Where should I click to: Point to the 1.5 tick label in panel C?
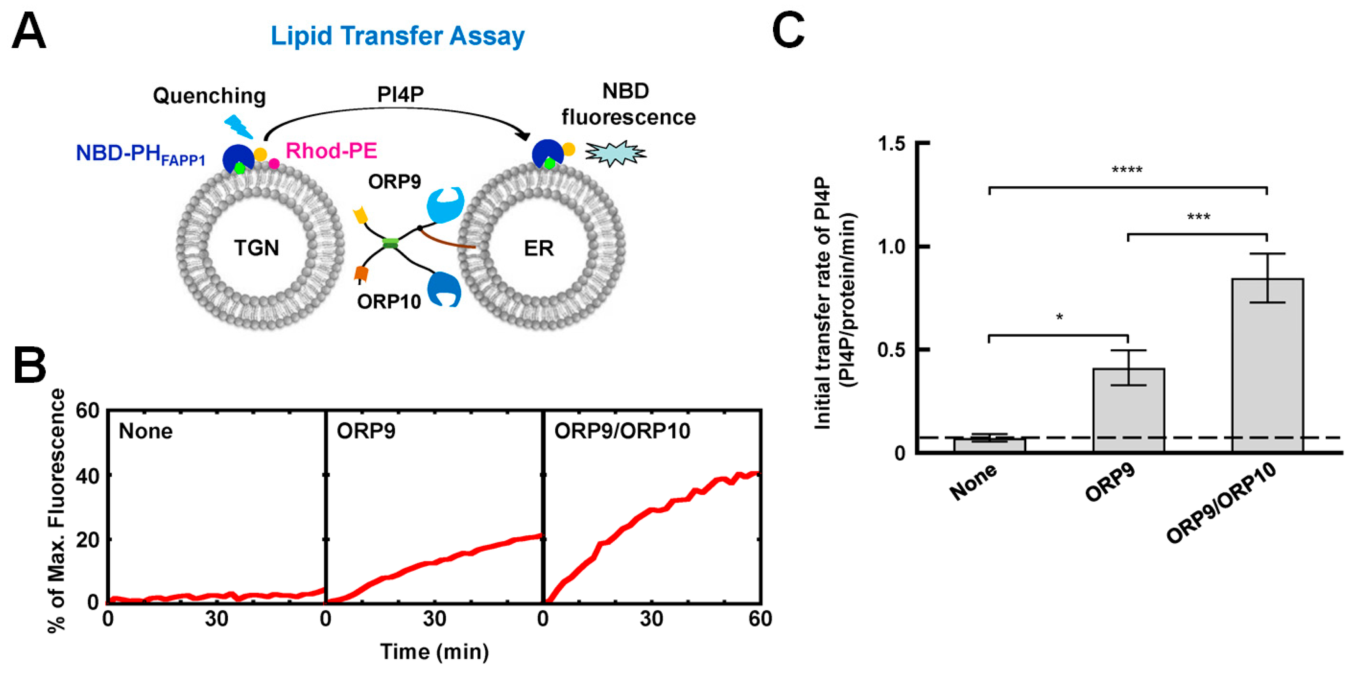click(893, 144)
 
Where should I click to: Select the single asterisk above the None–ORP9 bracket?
click(1059, 317)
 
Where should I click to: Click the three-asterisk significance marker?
click(1198, 216)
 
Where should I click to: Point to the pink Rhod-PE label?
click(331, 151)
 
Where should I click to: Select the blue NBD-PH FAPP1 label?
click(140, 153)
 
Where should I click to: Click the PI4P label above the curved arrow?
click(400, 94)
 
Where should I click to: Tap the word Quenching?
click(210, 96)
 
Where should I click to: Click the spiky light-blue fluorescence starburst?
click(615, 153)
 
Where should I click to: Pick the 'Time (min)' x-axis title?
click(434, 652)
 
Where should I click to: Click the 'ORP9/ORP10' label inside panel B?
click(622, 431)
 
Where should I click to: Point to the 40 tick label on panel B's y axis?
click(87, 475)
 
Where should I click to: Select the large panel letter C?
click(788, 30)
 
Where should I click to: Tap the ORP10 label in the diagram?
click(389, 301)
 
